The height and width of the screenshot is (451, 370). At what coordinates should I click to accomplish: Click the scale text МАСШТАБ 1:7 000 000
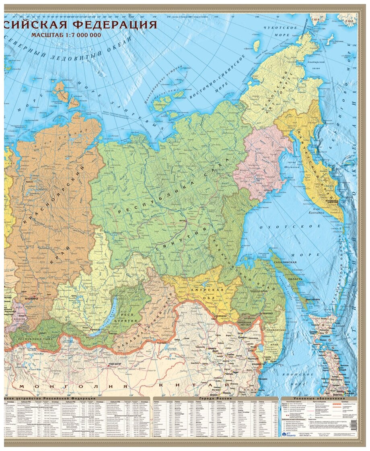coord(66,35)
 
